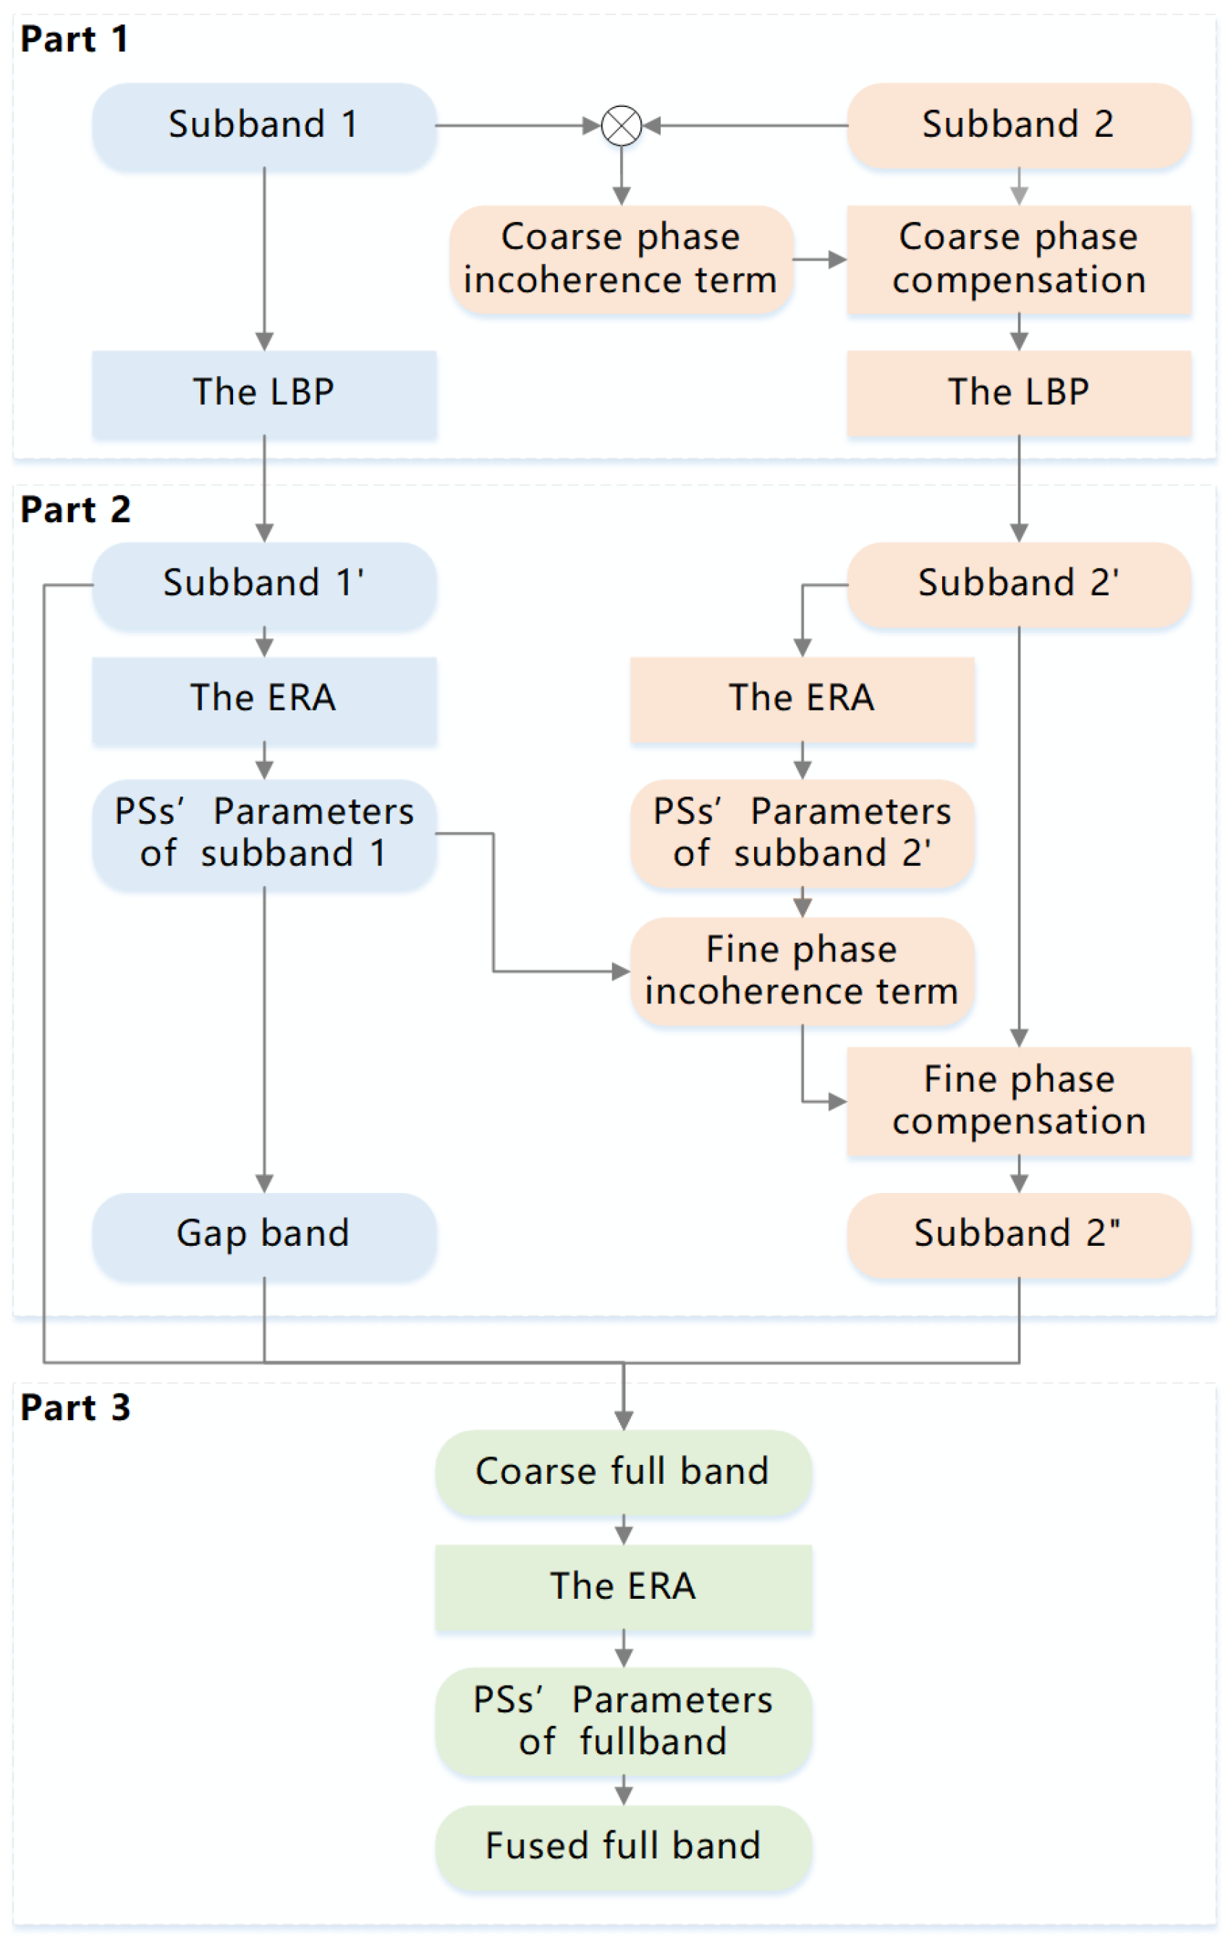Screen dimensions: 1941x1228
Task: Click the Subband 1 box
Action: (x=263, y=125)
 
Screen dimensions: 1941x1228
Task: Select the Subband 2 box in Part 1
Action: (x=1018, y=125)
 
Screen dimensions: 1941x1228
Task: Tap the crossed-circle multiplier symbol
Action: (x=621, y=126)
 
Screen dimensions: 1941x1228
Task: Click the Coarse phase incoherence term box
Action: (x=621, y=259)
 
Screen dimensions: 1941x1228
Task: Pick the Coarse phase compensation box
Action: (x=1018, y=259)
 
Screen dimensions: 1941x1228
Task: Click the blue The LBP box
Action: (x=263, y=393)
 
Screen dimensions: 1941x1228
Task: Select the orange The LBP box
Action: (x=1018, y=393)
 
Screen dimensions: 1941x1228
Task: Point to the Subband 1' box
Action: (x=263, y=584)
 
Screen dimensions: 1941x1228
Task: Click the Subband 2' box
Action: (x=1018, y=584)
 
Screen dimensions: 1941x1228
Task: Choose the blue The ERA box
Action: (x=263, y=699)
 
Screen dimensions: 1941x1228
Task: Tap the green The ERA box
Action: (x=622, y=1587)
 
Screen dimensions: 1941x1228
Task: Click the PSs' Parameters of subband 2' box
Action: (x=802, y=833)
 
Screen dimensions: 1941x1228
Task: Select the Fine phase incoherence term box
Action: (x=802, y=971)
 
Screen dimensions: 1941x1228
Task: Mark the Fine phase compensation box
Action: (x=1018, y=1100)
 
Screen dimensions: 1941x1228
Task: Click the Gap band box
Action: (x=263, y=1234)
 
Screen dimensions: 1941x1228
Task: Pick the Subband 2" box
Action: (x=1018, y=1234)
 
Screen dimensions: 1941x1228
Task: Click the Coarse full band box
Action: (x=622, y=1472)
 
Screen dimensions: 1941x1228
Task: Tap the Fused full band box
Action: (x=622, y=1847)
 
